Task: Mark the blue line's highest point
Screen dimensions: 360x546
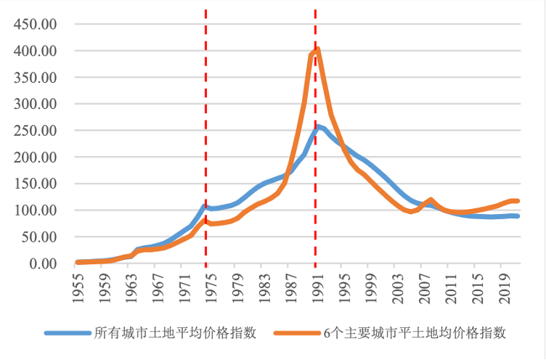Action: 317,127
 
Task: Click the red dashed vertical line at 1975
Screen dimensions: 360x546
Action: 205,145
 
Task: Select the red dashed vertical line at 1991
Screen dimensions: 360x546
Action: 315,181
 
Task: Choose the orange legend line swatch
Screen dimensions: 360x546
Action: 298,333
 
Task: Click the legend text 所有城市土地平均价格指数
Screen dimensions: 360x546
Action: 175,333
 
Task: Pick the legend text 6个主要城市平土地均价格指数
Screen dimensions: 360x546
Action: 415,333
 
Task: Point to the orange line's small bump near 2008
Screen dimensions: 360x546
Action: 431,200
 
